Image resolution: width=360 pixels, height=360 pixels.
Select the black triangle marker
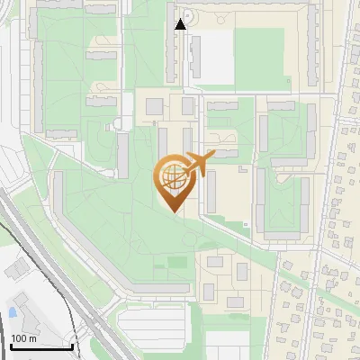(x=181, y=24)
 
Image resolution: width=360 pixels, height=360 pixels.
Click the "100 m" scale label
(x=24, y=338)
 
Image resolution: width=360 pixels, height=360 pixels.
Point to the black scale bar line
(x=41, y=346)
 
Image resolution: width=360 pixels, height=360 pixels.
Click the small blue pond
(x=12, y=311)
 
